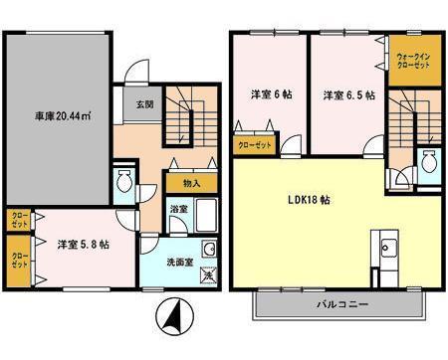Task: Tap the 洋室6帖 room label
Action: click(269, 96)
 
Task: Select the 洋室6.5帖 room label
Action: click(347, 96)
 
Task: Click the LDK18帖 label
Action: click(309, 199)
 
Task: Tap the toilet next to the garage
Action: click(124, 183)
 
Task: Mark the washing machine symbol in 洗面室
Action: click(207, 273)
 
